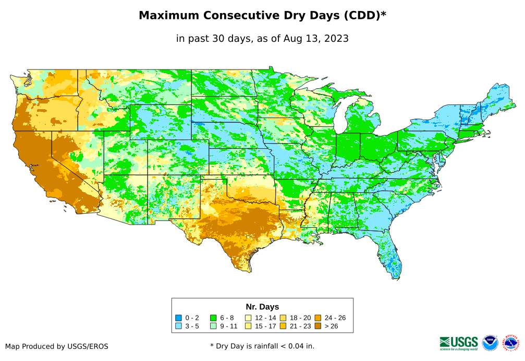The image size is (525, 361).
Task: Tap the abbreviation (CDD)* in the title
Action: click(x=364, y=16)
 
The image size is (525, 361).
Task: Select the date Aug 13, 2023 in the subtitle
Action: click(x=316, y=38)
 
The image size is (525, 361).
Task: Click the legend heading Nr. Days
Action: click(x=262, y=307)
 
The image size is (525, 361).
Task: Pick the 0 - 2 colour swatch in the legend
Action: click(x=179, y=318)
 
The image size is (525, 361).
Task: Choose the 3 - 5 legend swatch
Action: click(x=179, y=326)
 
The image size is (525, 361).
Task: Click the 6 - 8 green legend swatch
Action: click(x=213, y=318)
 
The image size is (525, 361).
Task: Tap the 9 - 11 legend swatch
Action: click(x=213, y=326)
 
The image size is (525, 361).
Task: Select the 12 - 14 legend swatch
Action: click(x=248, y=318)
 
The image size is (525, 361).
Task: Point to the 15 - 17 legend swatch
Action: click(x=248, y=326)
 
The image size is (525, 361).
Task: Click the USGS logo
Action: click(x=459, y=343)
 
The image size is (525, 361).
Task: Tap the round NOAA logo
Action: click(x=490, y=343)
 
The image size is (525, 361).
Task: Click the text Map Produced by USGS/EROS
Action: click(x=57, y=346)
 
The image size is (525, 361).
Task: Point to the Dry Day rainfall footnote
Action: click(x=262, y=346)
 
